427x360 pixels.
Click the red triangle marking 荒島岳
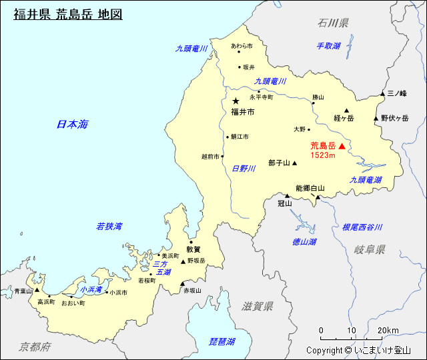[342, 146]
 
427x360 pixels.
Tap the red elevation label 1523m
[322, 155]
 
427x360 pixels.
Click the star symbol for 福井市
[236, 101]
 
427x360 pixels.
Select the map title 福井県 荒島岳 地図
[68, 14]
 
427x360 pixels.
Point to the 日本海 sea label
[72, 124]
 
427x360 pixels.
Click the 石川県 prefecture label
[333, 23]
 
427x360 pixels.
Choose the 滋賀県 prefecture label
[258, 306]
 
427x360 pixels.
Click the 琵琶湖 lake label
[222, 341]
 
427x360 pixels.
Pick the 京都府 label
[35, 347]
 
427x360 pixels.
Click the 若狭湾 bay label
[109, 227]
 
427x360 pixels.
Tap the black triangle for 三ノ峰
[383, 93]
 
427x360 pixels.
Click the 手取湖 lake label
[328, 46]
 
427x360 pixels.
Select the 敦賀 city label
[193, 249]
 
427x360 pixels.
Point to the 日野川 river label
[244, 169]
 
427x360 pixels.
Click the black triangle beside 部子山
[294, 163]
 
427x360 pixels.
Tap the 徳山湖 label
[304, 241]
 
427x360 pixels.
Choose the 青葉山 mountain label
[23, 291]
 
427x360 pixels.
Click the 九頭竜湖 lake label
[366, 180]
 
